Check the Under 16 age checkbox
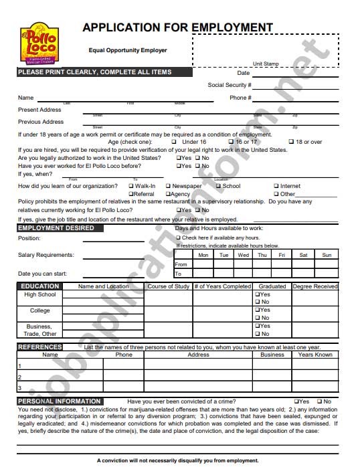[x=174, y=142]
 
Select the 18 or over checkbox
[x=291, y=142]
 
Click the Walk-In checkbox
[x=131, y=186]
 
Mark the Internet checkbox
[x=276, y=186]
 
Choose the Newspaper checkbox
[x=168, y=186]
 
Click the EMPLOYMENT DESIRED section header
[x=56, y=228]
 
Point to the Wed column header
[x=244, y=255]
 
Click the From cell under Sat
[x=303, y=264]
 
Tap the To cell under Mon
[x=203, y=274]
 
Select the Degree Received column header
[x=315, y=286]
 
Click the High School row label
[x=40, y=294]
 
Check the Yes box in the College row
[x=257, y=310]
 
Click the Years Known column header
[x=315, y=355]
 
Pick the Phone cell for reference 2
[x=124, y=377]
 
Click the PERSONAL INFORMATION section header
[x=60, y=401]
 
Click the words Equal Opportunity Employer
[x=128, y=50]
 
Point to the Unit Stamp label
[x=266, y=64]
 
